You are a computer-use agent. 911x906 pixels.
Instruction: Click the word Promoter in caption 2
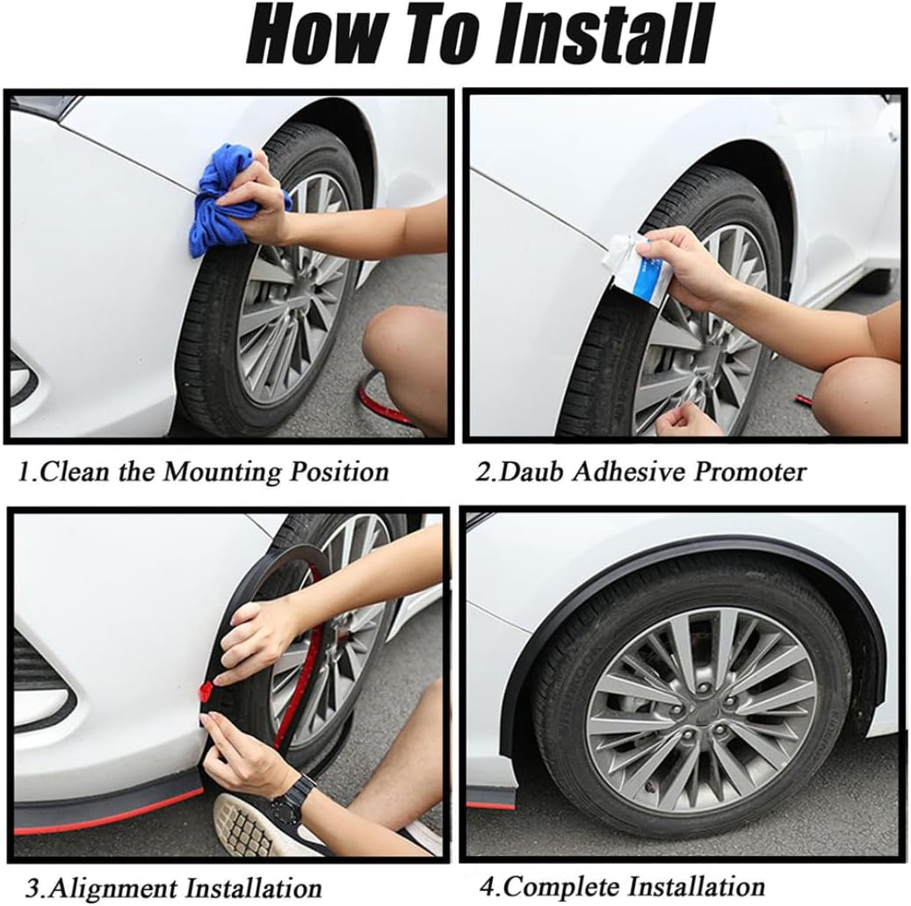coord(750,471)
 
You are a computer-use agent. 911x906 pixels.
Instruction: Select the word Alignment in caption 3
coord(112,888)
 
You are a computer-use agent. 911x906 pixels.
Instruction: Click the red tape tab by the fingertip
coord(206,691)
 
